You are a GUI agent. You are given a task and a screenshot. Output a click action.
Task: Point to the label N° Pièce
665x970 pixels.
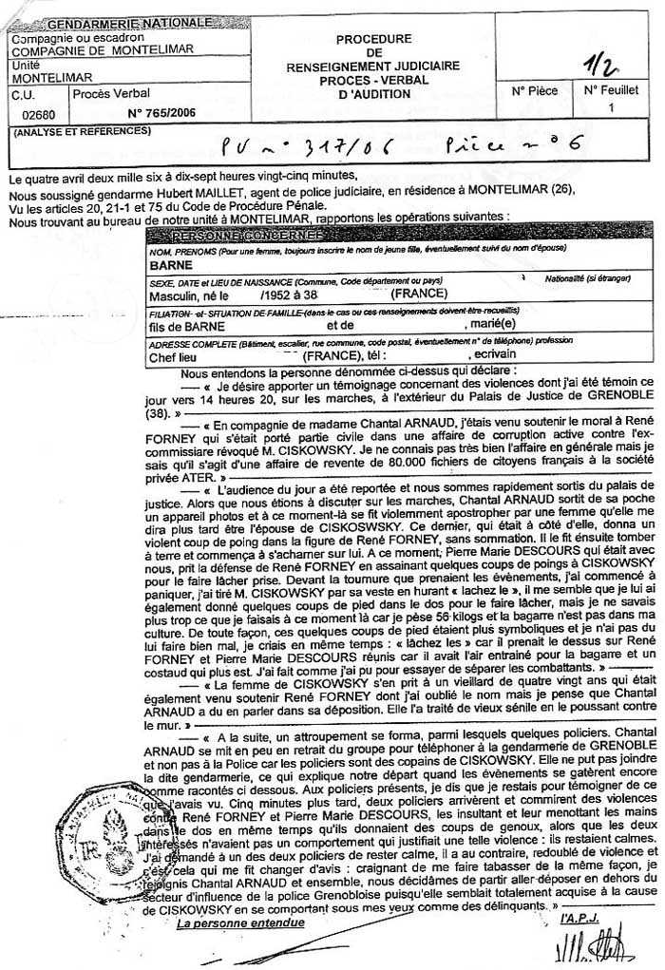coord(535,91)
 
